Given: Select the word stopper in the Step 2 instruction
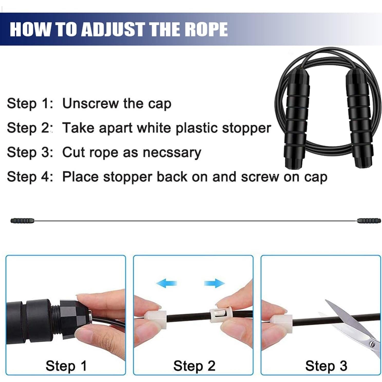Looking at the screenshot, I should (x=246, y=128).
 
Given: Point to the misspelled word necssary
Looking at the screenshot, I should (x=172, y=152).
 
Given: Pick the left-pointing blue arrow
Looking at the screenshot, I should (x=167, y=284).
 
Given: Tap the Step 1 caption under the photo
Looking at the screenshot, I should (x=66, y=366).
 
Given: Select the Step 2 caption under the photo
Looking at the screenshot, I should (x=194, y=366).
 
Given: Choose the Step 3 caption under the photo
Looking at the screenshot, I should (x=326, y=366).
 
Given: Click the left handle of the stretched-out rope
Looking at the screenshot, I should (x=22, y=221).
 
